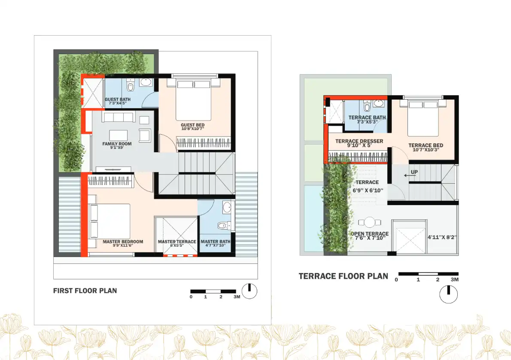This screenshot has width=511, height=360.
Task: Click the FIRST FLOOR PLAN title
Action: click(85, 290)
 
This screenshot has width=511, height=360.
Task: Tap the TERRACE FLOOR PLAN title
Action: click(343, 276)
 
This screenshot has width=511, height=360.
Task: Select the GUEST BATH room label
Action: click(118, 100)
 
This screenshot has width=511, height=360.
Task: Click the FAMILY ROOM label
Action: click(117, 144)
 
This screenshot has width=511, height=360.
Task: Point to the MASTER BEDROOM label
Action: click(123, 242)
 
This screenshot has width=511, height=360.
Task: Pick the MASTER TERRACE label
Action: click(176, 242)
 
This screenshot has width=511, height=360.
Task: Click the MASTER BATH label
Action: click(216, 242)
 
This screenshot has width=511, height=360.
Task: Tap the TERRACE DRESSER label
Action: click(359, 141)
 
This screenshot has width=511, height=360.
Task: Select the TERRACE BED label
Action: click(426, 145)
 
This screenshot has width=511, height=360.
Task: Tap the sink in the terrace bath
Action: click(379, 103)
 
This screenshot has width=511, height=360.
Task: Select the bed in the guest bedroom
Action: click(194, 100)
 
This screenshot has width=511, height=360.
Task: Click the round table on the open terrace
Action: click(369, 222)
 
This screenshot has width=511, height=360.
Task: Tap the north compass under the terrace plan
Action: click(448, 295)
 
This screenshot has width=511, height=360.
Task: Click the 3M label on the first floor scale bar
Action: click(236, 296)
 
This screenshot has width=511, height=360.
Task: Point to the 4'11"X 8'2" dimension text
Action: click(442, 237)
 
